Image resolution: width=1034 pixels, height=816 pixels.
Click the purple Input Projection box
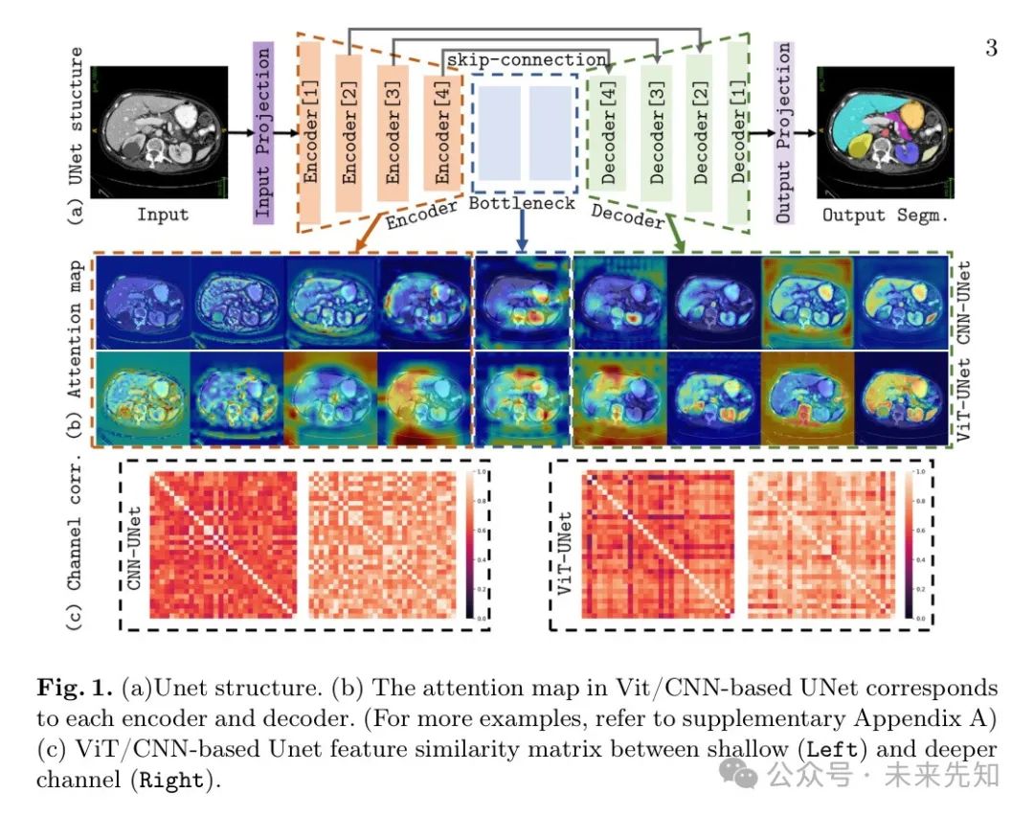point(263,132)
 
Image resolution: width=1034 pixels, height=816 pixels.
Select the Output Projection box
point(783,132)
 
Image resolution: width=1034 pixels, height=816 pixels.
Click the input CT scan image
point(162,130)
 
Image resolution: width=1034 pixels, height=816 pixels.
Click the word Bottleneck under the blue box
point(523,203)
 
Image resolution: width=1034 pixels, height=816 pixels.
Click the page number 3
point(991,48)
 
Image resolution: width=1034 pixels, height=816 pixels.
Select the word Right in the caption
point(171,781)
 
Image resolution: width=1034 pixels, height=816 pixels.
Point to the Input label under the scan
point(162,215)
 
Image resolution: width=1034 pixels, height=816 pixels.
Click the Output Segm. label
point(885,215)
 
